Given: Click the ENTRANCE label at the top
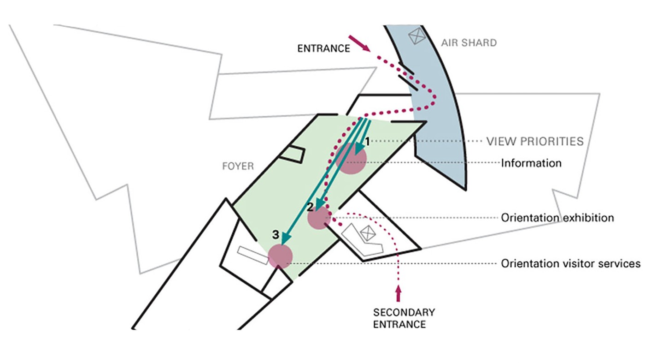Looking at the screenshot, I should pos(323,48).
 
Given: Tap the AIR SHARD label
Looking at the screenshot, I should pos(469,43).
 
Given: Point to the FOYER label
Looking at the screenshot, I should pos(238,166).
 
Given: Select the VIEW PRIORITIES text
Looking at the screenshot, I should pos(535,141).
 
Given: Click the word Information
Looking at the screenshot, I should pos(531,163).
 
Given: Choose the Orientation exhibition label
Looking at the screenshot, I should pos(557,217).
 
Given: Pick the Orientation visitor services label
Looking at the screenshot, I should pos(570,263).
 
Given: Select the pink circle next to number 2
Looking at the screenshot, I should pos(319,218).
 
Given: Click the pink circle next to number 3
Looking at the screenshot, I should pos(280,256).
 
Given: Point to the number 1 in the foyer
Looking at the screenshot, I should pos(367,140).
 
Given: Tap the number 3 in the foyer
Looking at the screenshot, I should pos(275,235).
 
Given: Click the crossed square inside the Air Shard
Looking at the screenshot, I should pos(416,36).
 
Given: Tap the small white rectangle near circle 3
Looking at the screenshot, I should pos(253,255).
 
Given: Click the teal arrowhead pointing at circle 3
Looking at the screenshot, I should pos(285,238).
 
